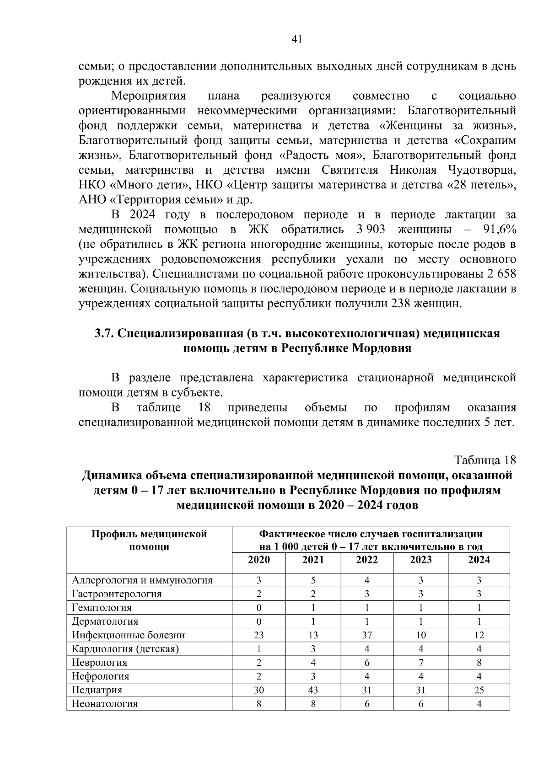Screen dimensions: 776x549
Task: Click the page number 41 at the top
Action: [x=296, y=40]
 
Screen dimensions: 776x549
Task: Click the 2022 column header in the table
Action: [x=367, y=560]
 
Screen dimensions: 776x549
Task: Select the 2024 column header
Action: [x=479, y=560]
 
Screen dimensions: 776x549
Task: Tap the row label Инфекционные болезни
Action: [x=128, y=635]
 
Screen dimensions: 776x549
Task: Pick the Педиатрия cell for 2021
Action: [x=313, y=690]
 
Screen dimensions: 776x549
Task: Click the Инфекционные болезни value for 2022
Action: [x=367, y=635]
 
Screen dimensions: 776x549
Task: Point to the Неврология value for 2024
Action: [x=479, y=663]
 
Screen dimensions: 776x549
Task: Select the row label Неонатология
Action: [x=105, y=704]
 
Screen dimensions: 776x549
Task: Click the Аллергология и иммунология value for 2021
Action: [x=313, y=581]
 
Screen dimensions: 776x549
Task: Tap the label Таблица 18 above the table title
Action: [x=485, y=460]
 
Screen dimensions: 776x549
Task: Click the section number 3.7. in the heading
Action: [x=104, y=334]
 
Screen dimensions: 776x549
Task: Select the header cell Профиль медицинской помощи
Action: [x=149, y=541]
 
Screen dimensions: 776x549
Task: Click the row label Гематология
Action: [x=102, y=608]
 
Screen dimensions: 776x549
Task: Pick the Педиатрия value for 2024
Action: [x=479, y=690]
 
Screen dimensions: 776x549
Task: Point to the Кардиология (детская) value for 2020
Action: [x=259, y=649]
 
